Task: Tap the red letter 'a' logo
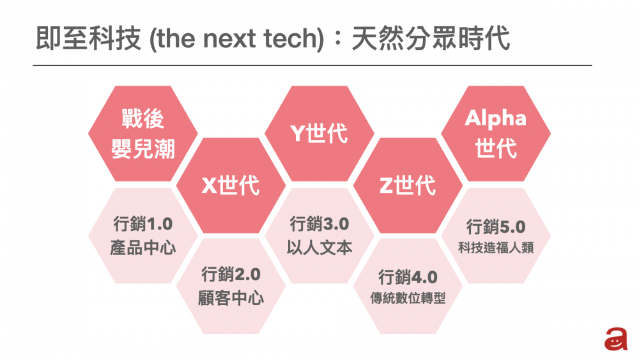click(615, 340)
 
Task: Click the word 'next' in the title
click(233, 40)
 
